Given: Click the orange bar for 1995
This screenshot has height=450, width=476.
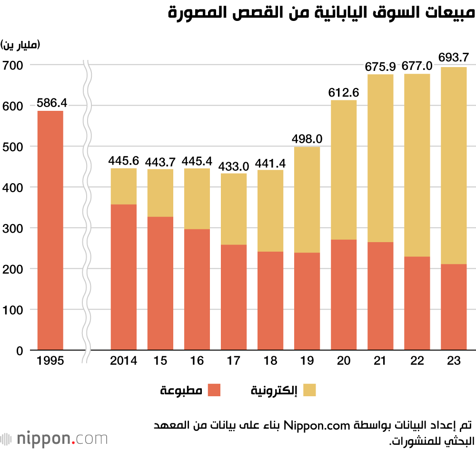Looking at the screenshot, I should [50, 231].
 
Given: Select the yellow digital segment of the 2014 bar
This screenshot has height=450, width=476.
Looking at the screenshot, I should [123, 186].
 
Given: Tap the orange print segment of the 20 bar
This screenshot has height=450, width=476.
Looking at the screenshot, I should [344, 295].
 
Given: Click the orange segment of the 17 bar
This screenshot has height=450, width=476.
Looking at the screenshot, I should [233, 297].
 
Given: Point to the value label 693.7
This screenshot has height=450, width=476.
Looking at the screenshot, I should [454, 58].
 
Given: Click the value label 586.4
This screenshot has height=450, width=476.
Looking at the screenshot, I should [50, 102].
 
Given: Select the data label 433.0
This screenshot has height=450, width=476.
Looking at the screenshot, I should [233, 166].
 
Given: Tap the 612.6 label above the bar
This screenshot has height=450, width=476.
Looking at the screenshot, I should [344, 92].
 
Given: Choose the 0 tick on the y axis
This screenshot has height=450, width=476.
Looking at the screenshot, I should [20, 351].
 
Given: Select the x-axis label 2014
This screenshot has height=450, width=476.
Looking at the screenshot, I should [123, 361].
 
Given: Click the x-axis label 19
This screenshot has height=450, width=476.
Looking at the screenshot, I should [307, 361].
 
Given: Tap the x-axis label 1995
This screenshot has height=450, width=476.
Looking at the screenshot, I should [50, 361].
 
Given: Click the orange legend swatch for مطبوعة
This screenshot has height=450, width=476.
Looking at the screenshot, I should [215, 391].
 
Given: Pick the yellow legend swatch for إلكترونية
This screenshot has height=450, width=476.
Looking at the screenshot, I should [310, 391].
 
